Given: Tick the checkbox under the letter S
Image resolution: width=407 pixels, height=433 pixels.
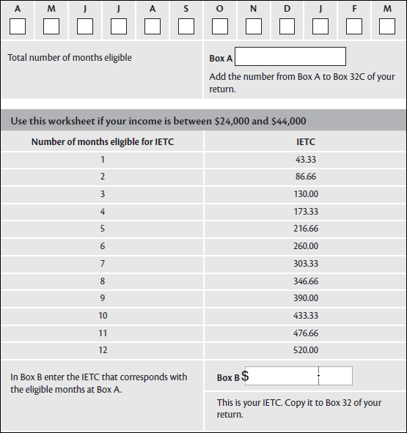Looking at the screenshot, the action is pyautogui.click(x=186, y=26).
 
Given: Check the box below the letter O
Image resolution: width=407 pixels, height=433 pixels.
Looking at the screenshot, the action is pyautogui.click(x=220, y=26).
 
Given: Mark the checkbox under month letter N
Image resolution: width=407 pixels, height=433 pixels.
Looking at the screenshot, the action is pyautogui.click(x=254, y=26).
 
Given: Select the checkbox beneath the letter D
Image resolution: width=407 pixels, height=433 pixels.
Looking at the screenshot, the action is pyautogui.click(x=287, y=26).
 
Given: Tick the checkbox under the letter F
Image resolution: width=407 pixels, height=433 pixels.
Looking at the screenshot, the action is pyautogui.click(x=354, y=26).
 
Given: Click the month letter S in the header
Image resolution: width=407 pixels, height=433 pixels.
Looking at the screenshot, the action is pyautogui.click(x=186, y=8).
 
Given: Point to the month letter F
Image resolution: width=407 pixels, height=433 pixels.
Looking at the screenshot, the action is pyautogui.click(x=354, y=8).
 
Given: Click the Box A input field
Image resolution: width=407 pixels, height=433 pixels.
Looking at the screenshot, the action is pyautogui.click(x=290, y=56).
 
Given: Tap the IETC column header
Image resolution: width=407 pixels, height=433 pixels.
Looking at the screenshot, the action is pyautogui.click(x=305, y=141).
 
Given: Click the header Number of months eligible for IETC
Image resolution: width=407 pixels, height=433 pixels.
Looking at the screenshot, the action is pyautogui.click(x=103, y=141).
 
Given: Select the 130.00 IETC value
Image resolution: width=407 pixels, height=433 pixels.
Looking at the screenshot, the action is pyautogui.click(x=305, y=194).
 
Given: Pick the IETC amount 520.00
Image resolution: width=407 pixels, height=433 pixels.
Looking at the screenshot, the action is pyautogui.click(x=305, y=350).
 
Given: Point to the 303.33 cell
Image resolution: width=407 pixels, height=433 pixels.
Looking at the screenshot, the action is pyautogui.click(x=305, y=264).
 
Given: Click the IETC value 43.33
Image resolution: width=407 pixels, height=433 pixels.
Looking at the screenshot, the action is pyautogui.click(x=305, y=159).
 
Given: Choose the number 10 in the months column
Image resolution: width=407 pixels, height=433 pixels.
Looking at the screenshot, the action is pyautogui.click(x=103, y=316).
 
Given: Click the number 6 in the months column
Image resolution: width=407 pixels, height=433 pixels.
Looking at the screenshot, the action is pyautogui.click(x=103, y=246).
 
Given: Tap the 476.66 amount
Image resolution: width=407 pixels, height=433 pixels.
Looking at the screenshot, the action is pyautogui.click(x=305, y=333).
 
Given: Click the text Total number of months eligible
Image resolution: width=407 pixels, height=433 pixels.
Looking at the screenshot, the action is pyautogui.click(x=70, y=57).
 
